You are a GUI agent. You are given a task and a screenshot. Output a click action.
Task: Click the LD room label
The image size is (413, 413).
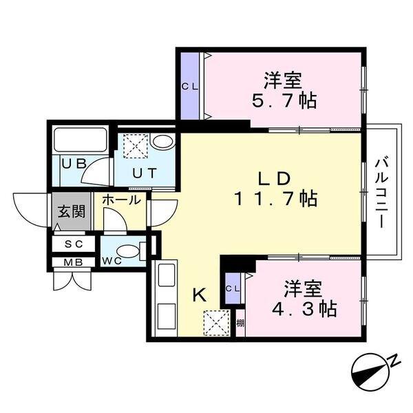pyautogui.click(x=273, y=178)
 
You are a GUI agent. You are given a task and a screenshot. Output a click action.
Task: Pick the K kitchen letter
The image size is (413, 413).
pyautogui.click(x=199, y=295)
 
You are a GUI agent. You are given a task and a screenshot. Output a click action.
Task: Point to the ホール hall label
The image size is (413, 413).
pyautogui.click(x=121, y=200)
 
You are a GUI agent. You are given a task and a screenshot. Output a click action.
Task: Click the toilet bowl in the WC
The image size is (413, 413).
pyautogui.click(x=129, y=251)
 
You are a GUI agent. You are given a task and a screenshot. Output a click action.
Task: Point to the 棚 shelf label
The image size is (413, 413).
pyautogui.click(x=240, y=324)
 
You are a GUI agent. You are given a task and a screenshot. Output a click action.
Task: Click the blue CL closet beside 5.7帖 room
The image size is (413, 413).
pyautogui.click(x=189, y=86)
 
